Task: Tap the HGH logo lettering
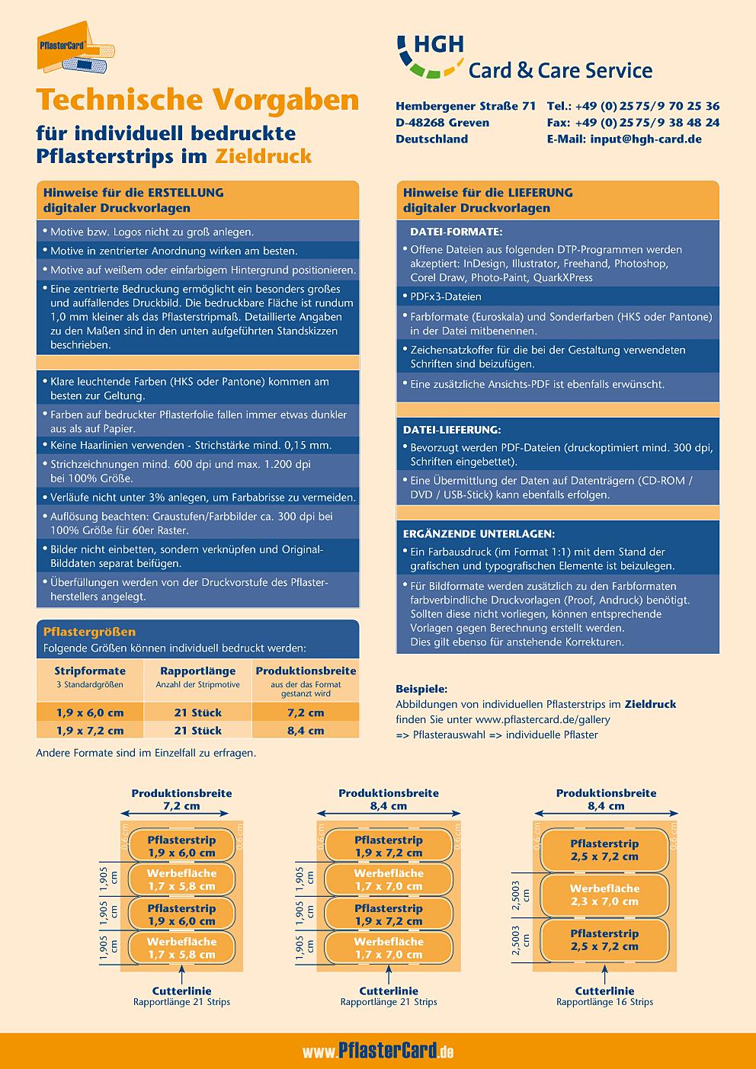pos(437,43)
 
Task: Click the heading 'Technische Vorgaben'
pos(197,100)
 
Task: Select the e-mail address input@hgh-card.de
pos(624,139)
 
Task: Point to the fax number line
pos(633,122)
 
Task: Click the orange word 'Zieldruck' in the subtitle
pos(263,157)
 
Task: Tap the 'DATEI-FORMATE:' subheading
pos(456,232)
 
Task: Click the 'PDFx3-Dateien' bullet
pos(446,296)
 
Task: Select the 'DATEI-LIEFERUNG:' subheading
pos(451,430)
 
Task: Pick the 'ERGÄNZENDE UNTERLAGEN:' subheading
pos(479,533)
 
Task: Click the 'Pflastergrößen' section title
pos(90,632)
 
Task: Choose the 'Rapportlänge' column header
pos(197,671)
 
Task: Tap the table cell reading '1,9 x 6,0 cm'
pos(90,712)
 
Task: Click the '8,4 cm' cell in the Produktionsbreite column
pos(306,730)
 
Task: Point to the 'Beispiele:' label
pos(421,688)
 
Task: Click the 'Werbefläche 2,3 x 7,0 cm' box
pos(604,895)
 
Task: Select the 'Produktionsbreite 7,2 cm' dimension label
pos(181,799)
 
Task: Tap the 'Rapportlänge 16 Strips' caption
pos(604,1002)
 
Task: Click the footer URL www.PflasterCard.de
pos(378,1052)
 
